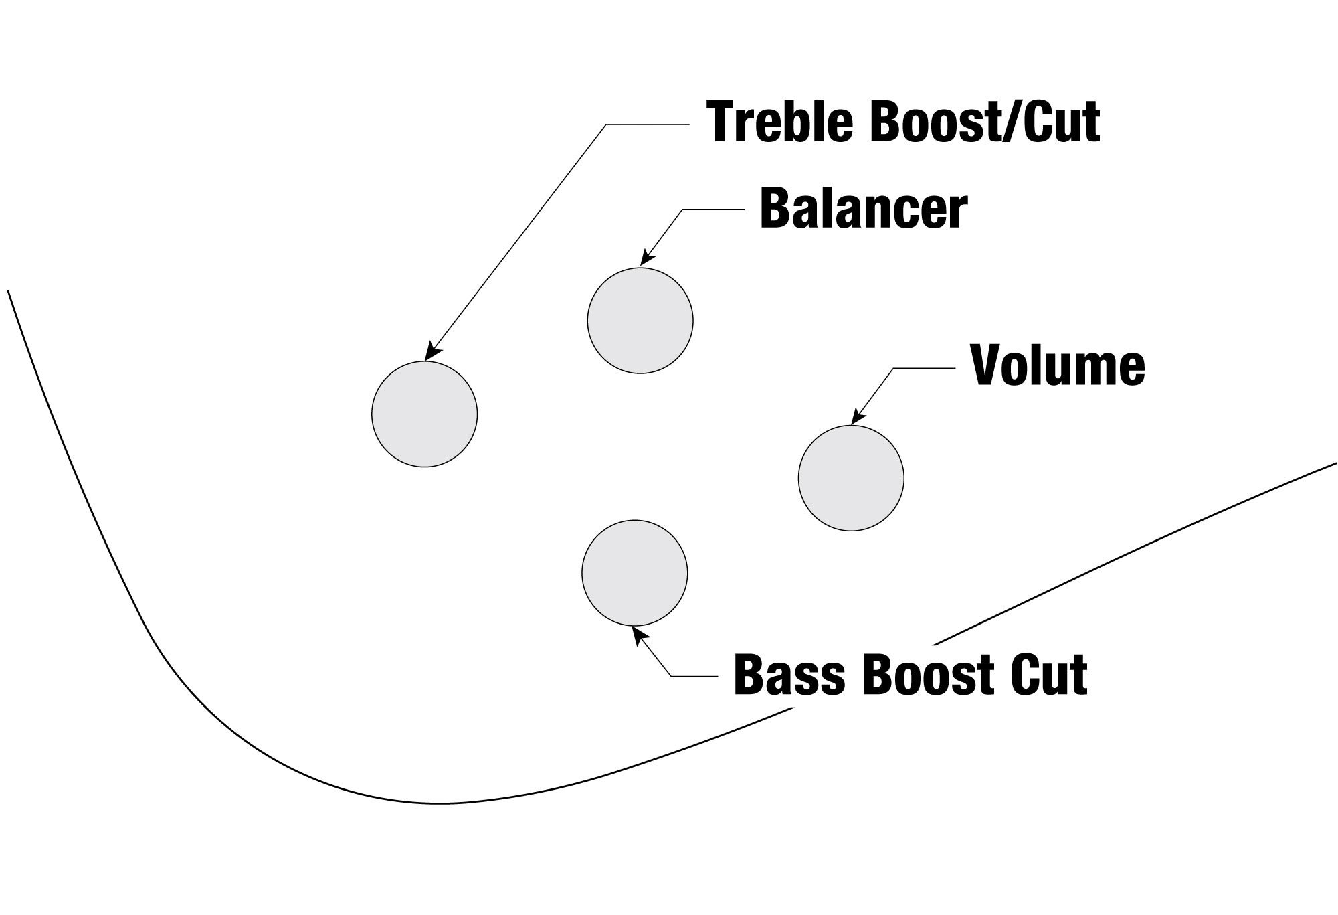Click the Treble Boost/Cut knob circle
424,414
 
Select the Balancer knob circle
640,321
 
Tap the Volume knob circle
851,478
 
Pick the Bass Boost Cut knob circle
634,573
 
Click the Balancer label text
863,209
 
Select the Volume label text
1058,365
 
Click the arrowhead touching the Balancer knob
646,259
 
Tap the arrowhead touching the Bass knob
638,633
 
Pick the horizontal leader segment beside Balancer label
713,210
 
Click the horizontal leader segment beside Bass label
694,677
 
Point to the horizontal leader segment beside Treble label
647,124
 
